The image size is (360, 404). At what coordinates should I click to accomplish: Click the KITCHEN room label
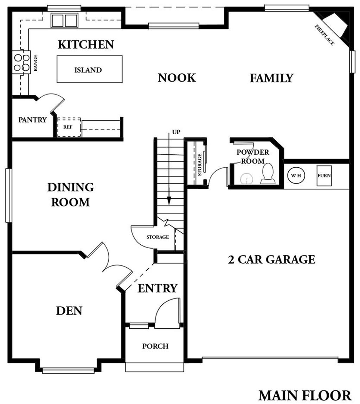tap(86, 44)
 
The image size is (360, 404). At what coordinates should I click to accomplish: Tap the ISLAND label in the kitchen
tap(88, 70)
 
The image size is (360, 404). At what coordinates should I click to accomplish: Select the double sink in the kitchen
tap(65, 20)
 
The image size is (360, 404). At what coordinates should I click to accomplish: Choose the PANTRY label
tap(32, 120)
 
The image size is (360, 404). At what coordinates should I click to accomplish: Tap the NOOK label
tap(177, 78)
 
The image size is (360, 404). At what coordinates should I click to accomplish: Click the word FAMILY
tap(272, 78)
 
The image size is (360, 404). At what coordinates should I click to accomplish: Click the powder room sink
tap(246, 179)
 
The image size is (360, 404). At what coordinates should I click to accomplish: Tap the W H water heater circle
tap(296, 175)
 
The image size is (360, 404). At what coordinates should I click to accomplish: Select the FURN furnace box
tap(324, 175)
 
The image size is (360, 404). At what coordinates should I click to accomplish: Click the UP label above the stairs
tap(176, 132)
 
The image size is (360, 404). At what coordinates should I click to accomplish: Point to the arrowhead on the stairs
tap(169, 200)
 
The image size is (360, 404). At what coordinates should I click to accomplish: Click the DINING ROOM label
tap(71, 194)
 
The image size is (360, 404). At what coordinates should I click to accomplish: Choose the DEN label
tap(69, 311)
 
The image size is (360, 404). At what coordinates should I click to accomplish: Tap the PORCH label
tap(155, 346)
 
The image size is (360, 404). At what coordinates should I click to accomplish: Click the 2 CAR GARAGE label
tap(272, 259)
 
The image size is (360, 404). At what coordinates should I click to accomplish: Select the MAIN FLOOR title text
tap(305, 395)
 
